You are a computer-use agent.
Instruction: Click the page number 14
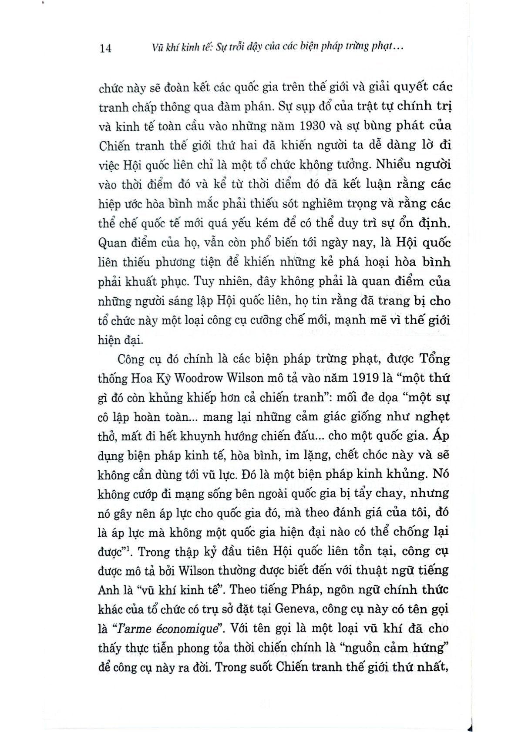click(x=105, y=48)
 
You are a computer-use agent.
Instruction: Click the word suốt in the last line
click(x=257, y=667)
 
